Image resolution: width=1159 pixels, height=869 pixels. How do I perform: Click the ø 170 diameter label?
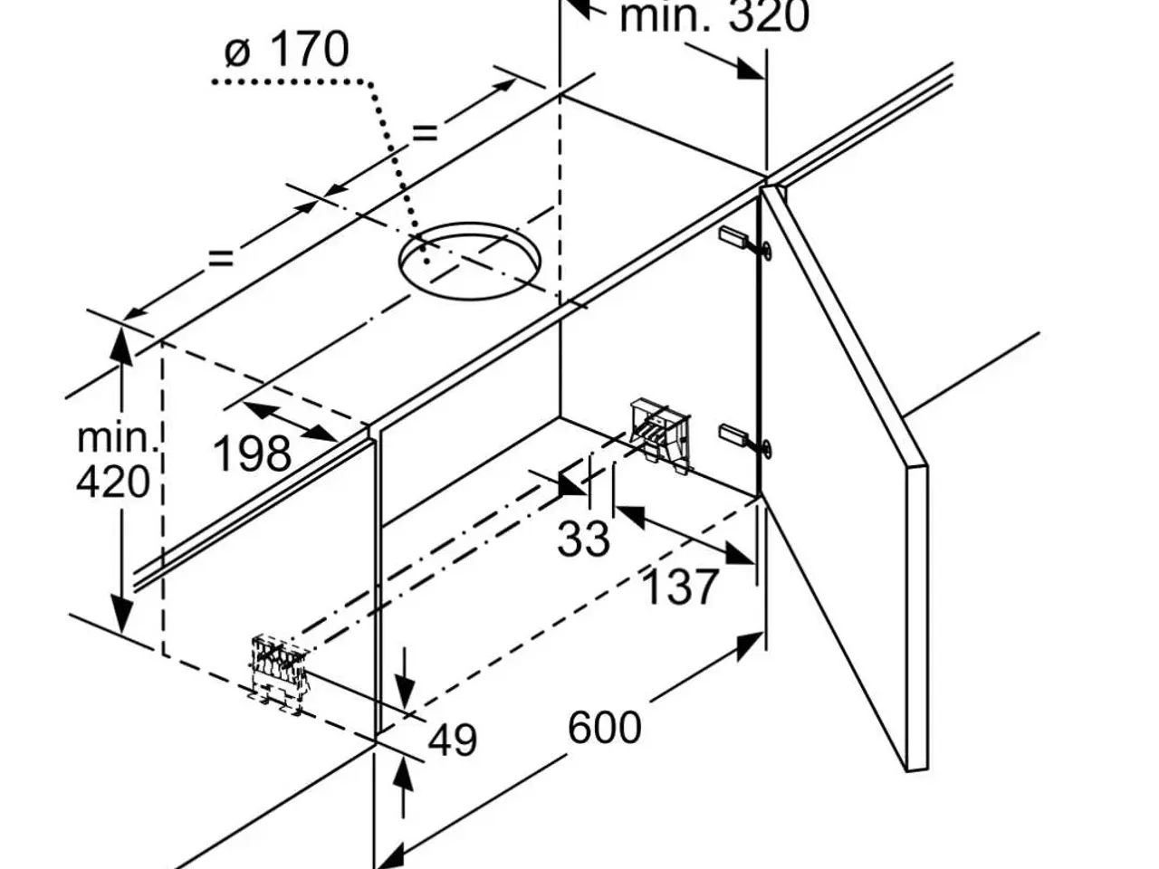[x=287, y=49]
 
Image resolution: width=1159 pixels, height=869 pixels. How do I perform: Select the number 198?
[x=252, y=454]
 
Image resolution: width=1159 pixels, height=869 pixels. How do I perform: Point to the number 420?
[x=113, y=482]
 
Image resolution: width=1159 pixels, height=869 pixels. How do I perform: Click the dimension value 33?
[x=583, y=539]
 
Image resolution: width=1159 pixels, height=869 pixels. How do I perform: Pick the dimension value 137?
[x=681, y=587]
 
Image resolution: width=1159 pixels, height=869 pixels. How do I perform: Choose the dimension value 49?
[x=452, y=740]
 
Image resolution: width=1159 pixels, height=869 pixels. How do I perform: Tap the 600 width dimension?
[x=605, y=728]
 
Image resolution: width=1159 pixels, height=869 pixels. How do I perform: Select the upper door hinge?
[x=744, y=243]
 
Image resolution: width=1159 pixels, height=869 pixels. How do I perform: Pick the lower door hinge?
[x=744, y=440]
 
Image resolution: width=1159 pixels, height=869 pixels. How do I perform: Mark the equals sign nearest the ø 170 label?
[x=425, y=132]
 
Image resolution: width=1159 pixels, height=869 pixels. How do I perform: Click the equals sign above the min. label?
[x=221, y=259]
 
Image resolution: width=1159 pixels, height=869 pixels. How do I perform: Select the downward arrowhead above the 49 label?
[x=405, y=692]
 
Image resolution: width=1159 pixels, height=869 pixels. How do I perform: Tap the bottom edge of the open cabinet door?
[x=917, y=770]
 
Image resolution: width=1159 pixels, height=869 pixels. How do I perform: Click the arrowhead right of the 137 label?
[x=740, y=553]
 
